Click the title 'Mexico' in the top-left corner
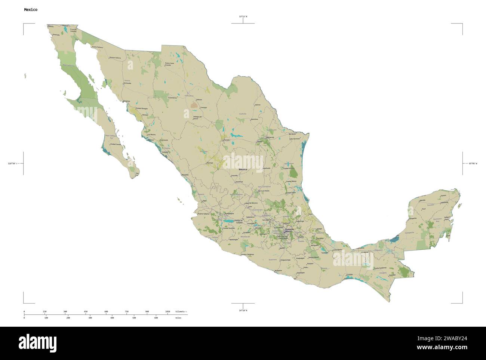(x=30, y=9)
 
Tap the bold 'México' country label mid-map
(x=243, y=170)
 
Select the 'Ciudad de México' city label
(x=289, y=230)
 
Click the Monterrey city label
(x=270, y=137)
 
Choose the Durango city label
(x=209, y=163)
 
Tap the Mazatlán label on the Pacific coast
(x=185, y=175)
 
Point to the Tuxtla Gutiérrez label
(x=380, y=268)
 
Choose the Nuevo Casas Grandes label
(x=169, y=64)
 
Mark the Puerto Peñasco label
(x=97, y=47)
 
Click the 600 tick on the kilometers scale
(x=106, y=311)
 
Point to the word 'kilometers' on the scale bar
(x=181, y=311)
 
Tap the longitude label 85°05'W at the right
(x=473, y=163)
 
